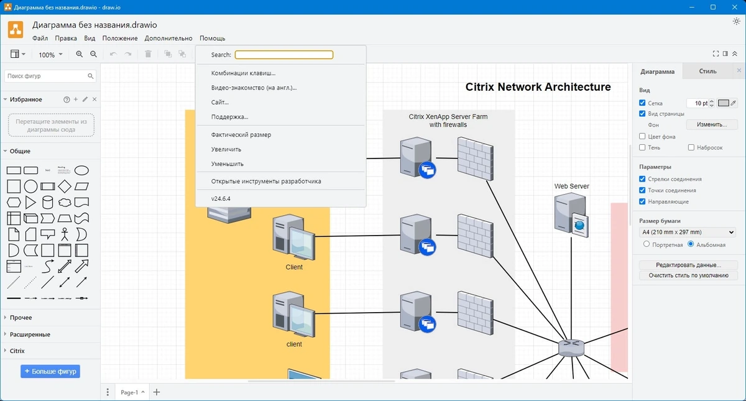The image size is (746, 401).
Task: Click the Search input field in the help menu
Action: (283, 55)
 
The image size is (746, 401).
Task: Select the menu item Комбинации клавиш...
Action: (243, 73)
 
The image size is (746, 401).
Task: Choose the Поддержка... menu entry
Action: (229, 117)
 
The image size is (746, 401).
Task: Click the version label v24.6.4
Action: (221, 198)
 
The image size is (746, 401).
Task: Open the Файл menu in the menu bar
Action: (40, 39)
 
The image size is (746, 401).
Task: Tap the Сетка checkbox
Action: (642, 103)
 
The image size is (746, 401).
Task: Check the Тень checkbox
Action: (642, 147)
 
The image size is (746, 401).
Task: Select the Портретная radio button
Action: (647, 244)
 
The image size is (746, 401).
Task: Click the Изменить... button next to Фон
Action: (712, 124)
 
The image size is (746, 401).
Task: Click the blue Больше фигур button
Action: (50, 371)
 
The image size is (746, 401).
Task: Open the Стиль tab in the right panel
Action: (707, 71)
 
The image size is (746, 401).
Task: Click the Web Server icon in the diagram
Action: (571, 215)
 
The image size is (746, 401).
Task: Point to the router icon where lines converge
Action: (571, 348)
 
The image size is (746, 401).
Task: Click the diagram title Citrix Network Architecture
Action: (538, 87)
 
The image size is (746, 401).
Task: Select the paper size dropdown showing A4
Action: (688, 232)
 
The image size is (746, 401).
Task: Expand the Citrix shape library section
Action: (17, 351)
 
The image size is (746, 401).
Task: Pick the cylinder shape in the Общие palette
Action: (48, 202)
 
